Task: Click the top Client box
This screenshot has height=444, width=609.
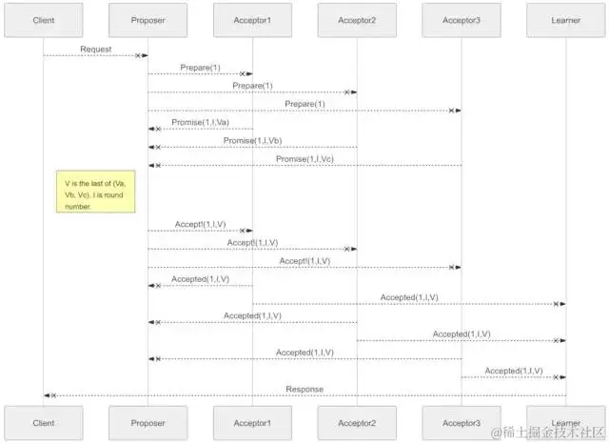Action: [43, 20]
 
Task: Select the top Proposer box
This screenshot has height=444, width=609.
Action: [147, 20]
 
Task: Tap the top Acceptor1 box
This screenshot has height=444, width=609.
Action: [252, 20]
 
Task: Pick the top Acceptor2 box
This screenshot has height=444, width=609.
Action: [357, 20]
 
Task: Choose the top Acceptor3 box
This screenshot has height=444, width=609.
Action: [462, 20]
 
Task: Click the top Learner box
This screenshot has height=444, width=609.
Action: [565, 20]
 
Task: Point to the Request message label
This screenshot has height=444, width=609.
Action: [95, 48]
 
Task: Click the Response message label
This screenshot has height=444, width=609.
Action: [304, 389]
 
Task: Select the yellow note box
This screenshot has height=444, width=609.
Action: [95, 192]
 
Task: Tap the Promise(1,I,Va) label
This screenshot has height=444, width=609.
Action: [200, 122]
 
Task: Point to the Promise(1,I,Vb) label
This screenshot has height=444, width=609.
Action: [252, 140]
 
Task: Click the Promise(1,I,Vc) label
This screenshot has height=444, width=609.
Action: [304, 158]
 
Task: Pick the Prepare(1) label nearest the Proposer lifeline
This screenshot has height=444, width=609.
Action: [200, 67]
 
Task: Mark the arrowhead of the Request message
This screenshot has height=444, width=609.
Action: [142, 55]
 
